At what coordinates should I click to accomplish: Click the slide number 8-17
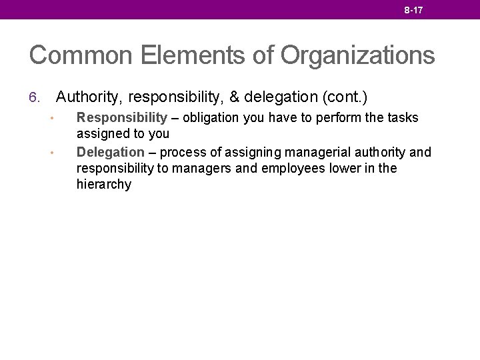(413, 10)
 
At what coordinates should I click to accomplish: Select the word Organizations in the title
(357, 55)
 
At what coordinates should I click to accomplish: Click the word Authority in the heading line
(89, 97)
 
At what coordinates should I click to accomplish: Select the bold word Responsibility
(122, 118)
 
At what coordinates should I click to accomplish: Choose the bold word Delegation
(111, 153)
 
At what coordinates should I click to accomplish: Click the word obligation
(211, 118)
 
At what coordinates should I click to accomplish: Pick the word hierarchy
(104, 185)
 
